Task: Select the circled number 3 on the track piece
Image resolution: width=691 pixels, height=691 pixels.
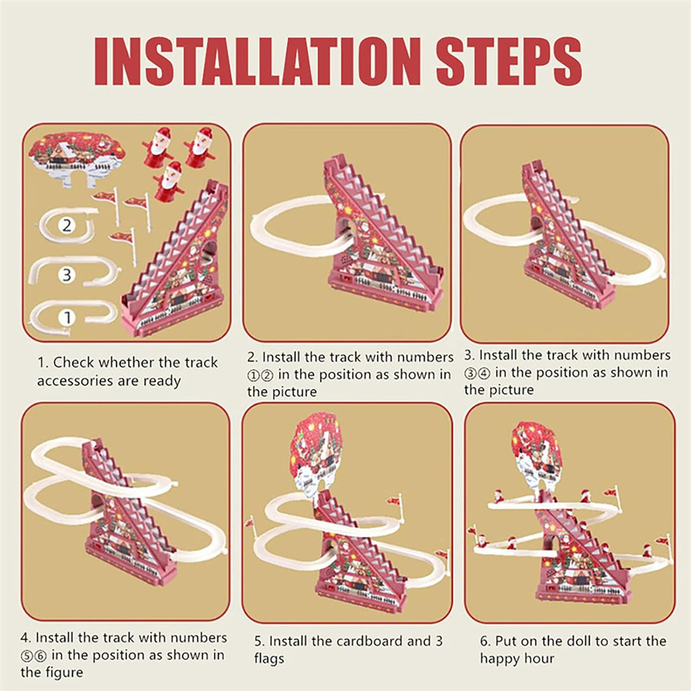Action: [x=66, y=275]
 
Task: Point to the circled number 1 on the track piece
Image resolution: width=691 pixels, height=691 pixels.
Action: [x=68, y=317]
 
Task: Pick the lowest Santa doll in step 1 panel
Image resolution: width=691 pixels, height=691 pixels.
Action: [x=170, y=180]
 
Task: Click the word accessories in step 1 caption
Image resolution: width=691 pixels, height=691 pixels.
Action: [x=72, y=381]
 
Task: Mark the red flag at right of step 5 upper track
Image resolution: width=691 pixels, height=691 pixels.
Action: [x=393, y=500]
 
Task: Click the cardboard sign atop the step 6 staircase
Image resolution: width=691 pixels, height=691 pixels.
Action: [x=536, y=452]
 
